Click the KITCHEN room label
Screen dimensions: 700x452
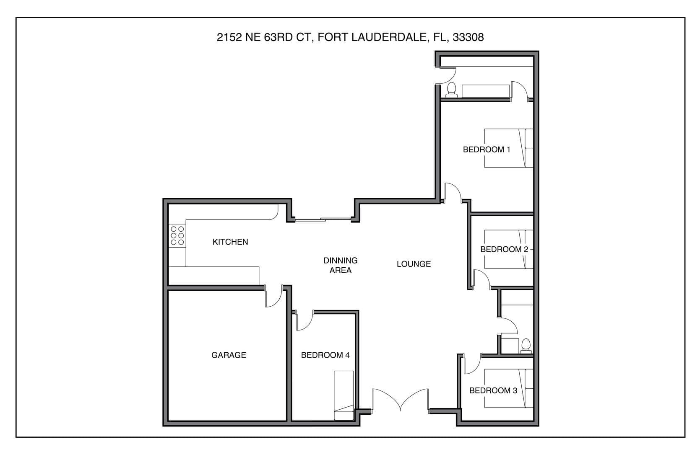tap(230, 242)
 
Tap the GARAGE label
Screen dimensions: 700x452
tap(229, 355)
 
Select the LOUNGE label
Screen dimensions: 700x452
tap(414, 264)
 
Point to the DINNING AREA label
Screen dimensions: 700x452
tap(340, 265)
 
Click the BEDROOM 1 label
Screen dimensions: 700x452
tap(486, 150)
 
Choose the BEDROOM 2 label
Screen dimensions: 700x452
tap(504, 249)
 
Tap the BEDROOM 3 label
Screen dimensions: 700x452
tap(493, 390)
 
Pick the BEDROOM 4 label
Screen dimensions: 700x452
tap(325, 355)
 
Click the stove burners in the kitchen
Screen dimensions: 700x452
tap(177, 236)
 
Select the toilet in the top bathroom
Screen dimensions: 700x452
tap(452, 90)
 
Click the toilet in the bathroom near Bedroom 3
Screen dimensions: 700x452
tap(526, 346)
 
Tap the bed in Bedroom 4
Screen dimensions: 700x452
tap(344, 395)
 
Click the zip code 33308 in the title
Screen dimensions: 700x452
tap(468, 37)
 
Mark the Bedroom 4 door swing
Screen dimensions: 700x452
tap(304, 320)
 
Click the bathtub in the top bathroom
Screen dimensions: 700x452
tap(485, 91)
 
